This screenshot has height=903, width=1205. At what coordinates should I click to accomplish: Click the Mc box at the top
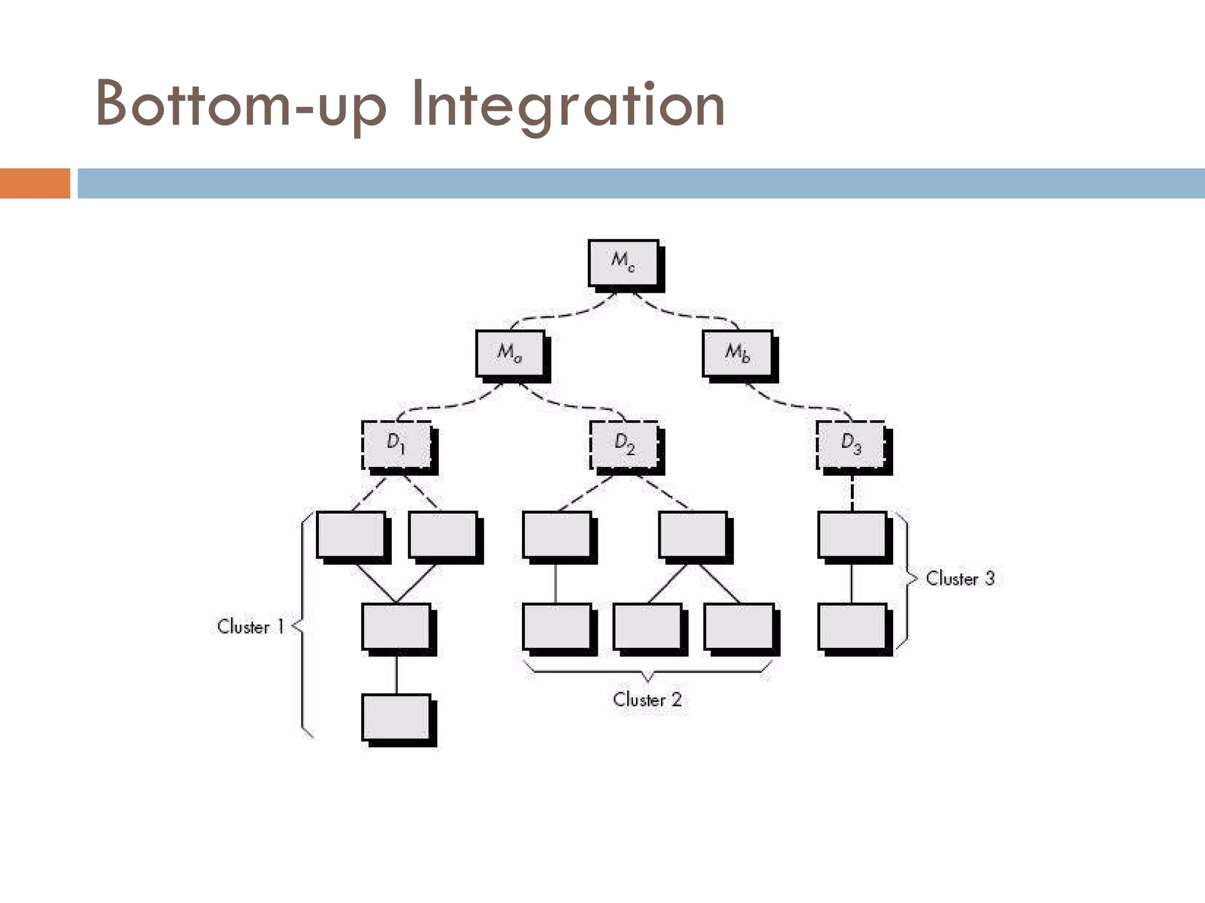click(624, 263)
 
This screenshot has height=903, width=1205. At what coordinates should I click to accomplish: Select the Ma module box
click(510, 353)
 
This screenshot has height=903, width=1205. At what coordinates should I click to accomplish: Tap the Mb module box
click(737, 353)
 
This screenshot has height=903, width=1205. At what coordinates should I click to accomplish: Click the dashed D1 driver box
click(397, 444)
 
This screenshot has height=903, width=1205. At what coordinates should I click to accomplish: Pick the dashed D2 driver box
click(624, 444)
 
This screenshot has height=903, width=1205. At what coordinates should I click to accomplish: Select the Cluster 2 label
click(647, 700)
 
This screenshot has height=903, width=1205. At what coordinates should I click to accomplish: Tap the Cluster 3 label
click(960, 578)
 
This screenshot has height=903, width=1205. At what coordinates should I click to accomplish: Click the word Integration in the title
click(568, 105)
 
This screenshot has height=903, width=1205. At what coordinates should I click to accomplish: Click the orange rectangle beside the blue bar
click(35, 183)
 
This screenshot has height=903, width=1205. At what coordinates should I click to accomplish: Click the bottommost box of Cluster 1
click(397, 717)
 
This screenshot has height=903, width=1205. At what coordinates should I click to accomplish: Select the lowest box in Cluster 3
click(852, 626)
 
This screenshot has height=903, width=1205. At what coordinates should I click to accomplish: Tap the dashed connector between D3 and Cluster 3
click(852, 493)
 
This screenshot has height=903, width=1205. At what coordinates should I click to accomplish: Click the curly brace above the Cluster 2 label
click(647, 671)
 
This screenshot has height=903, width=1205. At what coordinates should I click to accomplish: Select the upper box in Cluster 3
click(852, 534)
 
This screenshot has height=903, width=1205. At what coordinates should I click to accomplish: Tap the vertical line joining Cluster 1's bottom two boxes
click(397, 674)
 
